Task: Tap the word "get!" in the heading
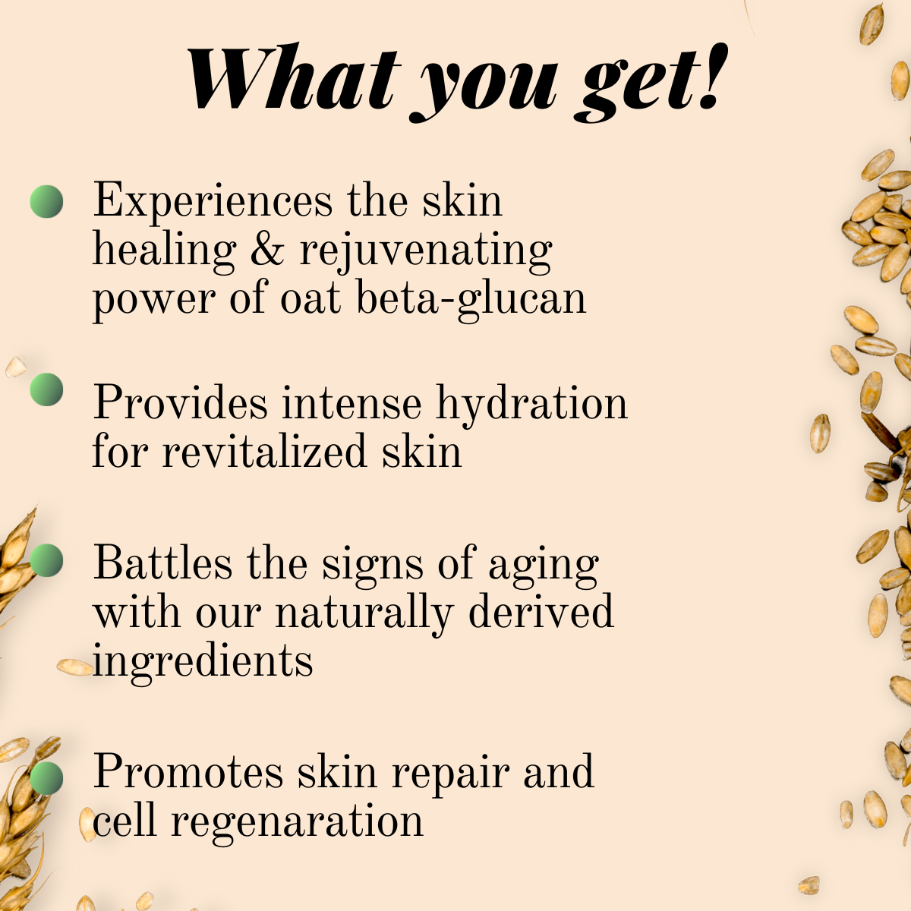click(x=652, y=82)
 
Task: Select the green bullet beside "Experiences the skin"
click(x=46, y=202)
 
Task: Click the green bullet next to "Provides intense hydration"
click(x=46, y=389)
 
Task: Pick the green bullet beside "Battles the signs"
click(x=46, y=560)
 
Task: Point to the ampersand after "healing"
click(x=266, y=250)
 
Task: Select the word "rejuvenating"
click(x=426, y=251)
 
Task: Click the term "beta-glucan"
click(x=471, y=298)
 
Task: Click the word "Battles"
click(x=162, y=564)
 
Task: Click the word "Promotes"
click(x=188, y=772)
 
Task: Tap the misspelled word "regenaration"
click(x=297, y=821)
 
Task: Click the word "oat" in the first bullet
click(x=310, y=298)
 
